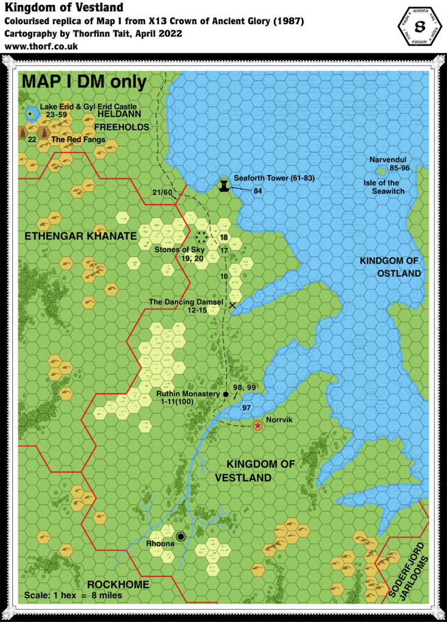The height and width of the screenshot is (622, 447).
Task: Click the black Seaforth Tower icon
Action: click(225, 185)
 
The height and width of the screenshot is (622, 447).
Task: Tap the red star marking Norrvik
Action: click(258, 426)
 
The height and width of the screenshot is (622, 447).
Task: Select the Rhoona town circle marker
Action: click(180, 536)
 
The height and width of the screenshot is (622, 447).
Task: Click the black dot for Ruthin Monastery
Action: click(225, 394)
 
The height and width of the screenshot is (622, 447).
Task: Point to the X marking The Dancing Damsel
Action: click(232, 305)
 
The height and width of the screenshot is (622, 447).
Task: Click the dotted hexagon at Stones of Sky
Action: click(202, 236)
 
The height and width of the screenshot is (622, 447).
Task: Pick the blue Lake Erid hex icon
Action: click(30, 113)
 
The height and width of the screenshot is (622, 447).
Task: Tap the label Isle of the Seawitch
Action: click(389, 187)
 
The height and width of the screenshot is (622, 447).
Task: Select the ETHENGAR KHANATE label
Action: click(80, 235)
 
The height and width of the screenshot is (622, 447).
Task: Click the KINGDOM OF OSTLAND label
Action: click(391, 267)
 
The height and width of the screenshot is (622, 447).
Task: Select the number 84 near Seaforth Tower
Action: click(258, 191)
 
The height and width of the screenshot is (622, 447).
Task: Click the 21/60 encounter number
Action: click(163, 193)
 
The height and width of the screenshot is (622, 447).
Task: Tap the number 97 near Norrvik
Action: click(246, 407)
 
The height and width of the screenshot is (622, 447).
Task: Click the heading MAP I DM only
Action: click(83, 82)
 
